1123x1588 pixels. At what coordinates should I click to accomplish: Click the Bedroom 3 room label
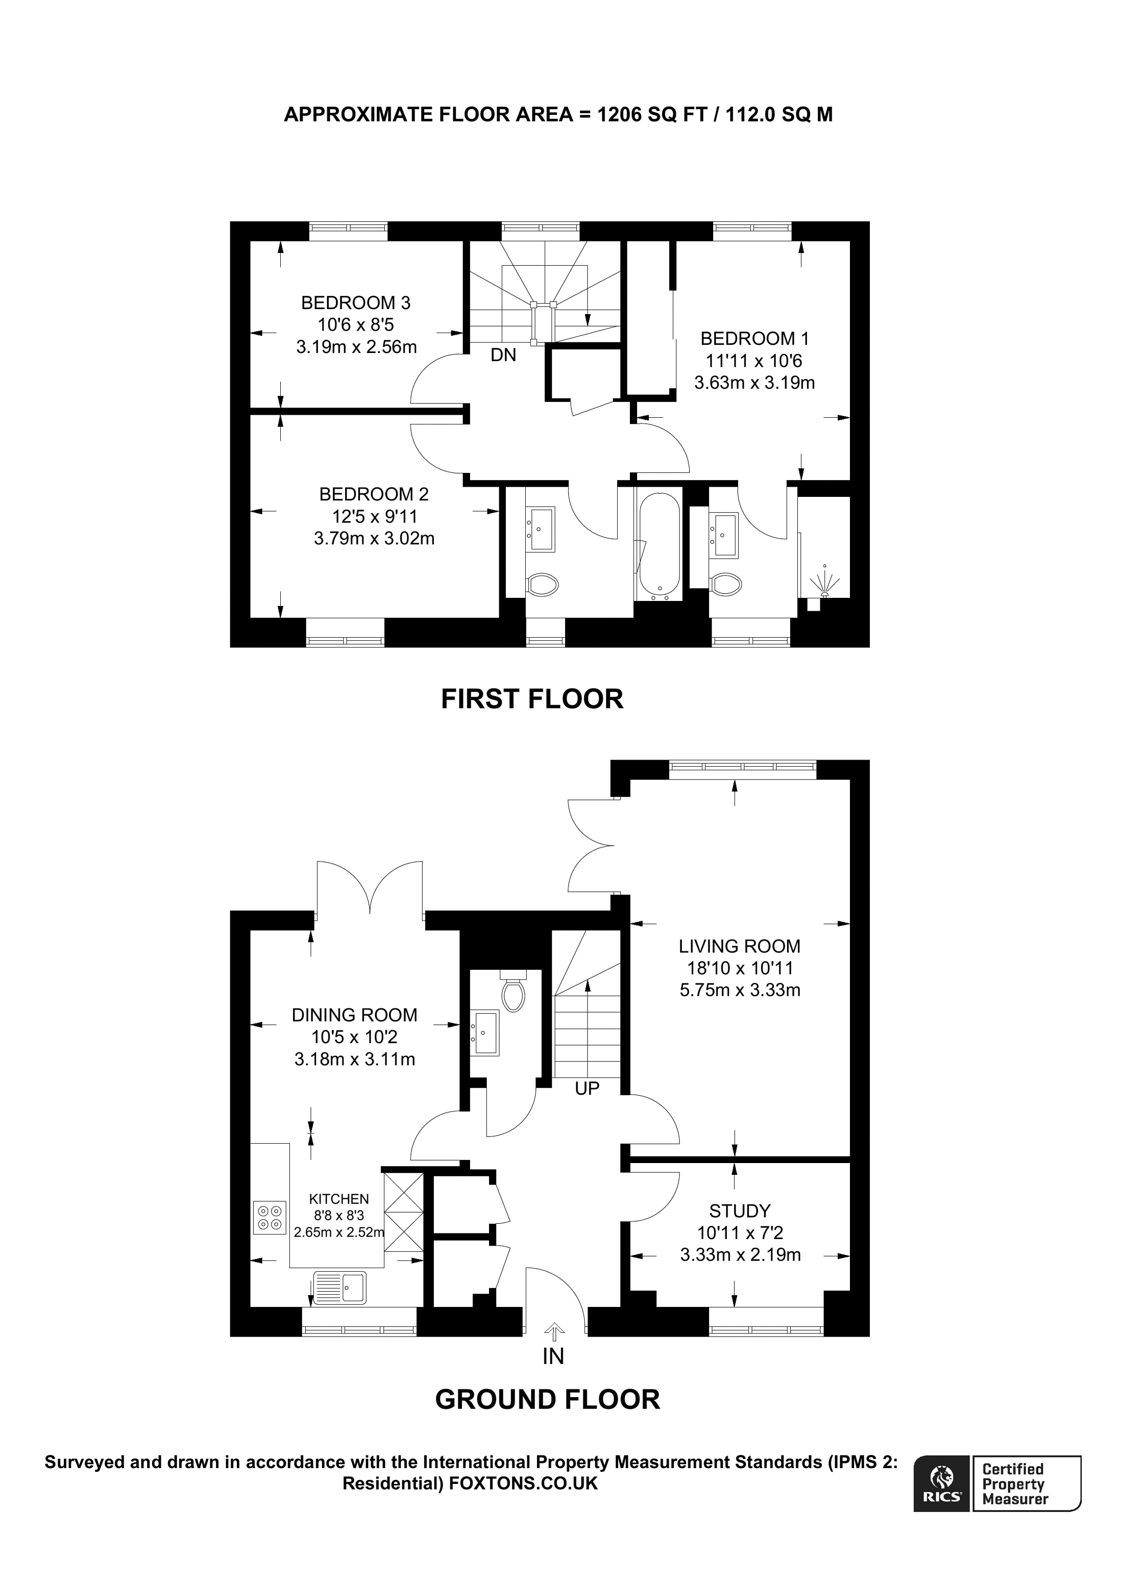[x=356, y=303]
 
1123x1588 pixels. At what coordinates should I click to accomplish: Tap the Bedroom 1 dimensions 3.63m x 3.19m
[x=754, y=383]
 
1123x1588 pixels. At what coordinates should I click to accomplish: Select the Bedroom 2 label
[x=374, y=494]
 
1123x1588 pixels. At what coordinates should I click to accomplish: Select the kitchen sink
[x=340, y=1288]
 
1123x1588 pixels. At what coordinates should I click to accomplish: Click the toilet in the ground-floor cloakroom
[x=514, y=993]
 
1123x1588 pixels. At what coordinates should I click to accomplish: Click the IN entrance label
[x=553, y=1356]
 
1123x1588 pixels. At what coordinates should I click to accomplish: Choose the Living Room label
[x=739, y=946]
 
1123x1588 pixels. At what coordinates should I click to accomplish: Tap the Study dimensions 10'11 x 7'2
[x=740, y=1232]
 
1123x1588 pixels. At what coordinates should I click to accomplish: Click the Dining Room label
[x=354, y=1015]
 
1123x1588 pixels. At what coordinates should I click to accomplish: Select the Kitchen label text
[x=339, y=1199]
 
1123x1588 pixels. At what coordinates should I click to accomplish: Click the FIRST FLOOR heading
[x=532, y=699]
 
